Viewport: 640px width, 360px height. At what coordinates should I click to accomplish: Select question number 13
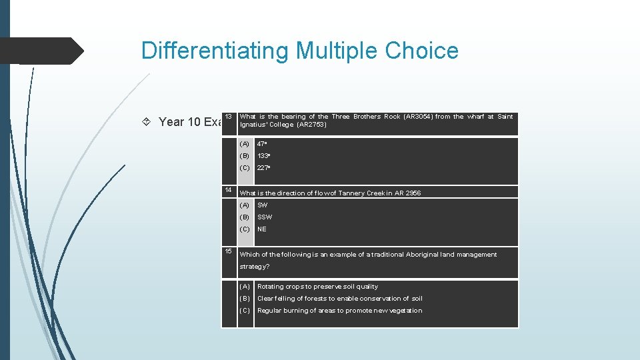pyautogui.click(x=228, y=117)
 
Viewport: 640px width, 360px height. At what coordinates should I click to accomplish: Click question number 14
pyautogui.click(x=228, y=190)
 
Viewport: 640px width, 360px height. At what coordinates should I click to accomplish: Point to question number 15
pyautogui.click(x=228, y=251)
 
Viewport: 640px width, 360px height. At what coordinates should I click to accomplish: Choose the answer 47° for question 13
pyautogui.click(x=262, y=144)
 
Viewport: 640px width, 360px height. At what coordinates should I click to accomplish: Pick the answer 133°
pyautogui.click(x=263, y=156)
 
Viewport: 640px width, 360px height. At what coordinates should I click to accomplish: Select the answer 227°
pyautogui.click(x=263, y=168)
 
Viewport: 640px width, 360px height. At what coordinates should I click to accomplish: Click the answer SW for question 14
pyautogui.click(x=262, y=205)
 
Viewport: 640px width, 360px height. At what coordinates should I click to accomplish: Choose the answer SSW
pyautogui.click(x=265, y=217)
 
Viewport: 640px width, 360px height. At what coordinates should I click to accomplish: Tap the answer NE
pyautogui.click(x=262, y=229)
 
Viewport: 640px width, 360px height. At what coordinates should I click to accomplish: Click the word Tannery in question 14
pyautogui.click(x=341, y=193)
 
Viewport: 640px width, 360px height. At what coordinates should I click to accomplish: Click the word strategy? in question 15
pyautogui.click(x=255, y=267)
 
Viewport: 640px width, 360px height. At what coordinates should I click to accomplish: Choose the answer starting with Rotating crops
pyautogui.click(x=317, y=287)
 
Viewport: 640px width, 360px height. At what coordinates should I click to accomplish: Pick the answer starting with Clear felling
pyautogui.click(x=339, y=299)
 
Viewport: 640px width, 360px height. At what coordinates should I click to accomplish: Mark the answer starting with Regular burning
pyautogui.click(x=339, y=311)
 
